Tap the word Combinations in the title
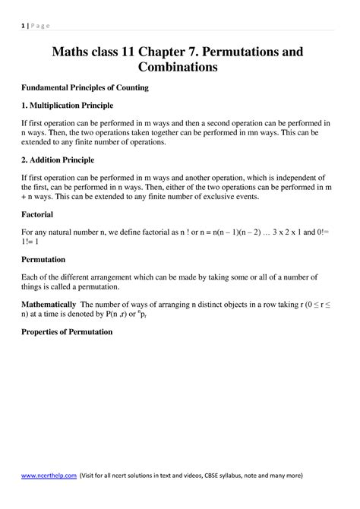(x=179, y=68)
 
